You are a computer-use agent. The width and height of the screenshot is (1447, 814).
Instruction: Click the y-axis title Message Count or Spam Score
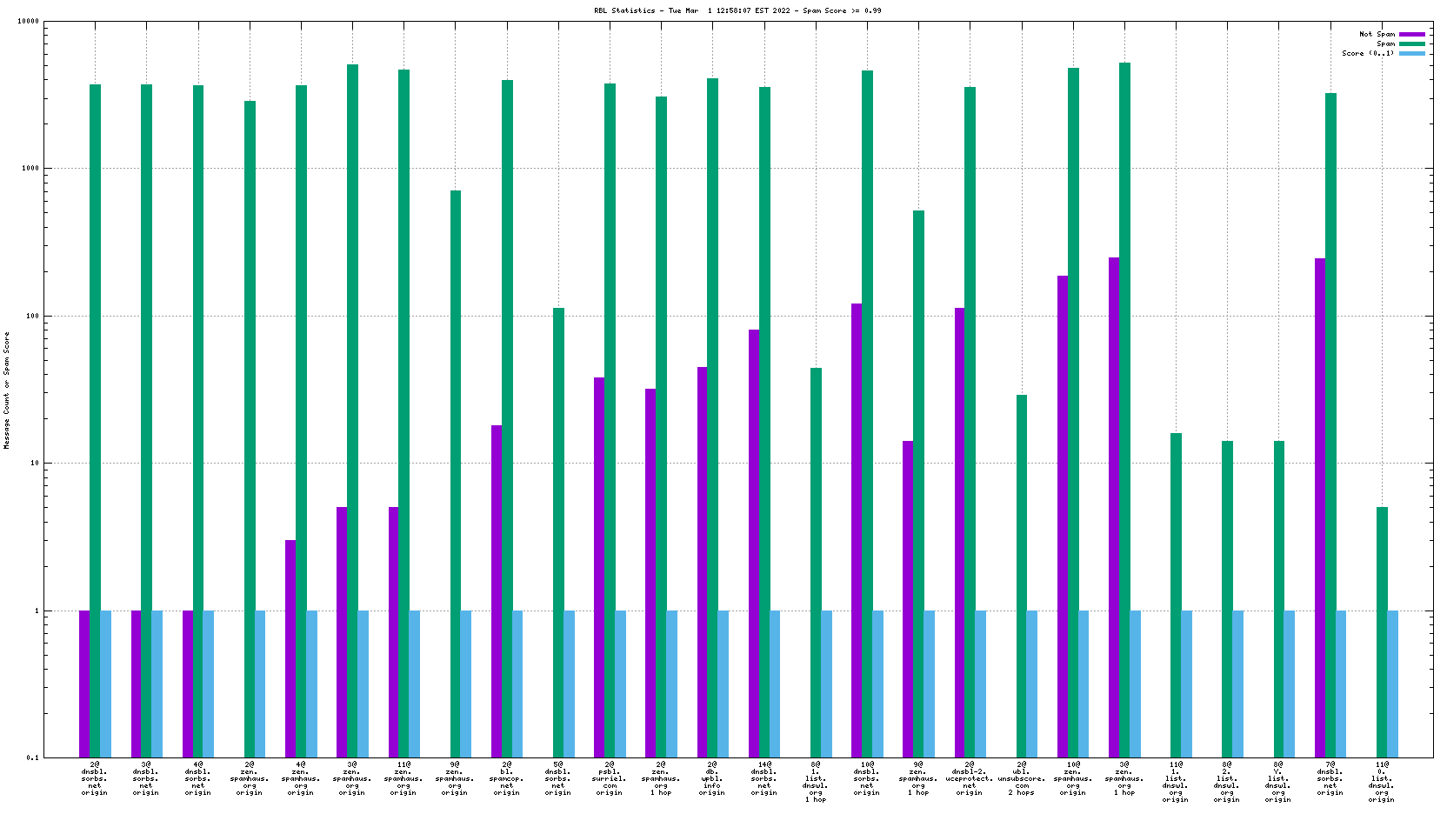7,390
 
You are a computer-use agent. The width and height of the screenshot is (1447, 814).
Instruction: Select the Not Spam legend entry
1377,35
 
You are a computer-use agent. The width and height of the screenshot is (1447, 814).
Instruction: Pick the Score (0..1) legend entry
1368,53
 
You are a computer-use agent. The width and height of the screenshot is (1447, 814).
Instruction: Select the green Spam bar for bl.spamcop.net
507,417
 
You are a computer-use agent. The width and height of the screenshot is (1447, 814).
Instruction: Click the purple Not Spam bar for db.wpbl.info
703,562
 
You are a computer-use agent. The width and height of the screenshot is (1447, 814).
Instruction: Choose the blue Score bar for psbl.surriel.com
621,684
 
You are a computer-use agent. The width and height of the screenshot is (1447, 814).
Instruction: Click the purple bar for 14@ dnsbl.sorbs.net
754,544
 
